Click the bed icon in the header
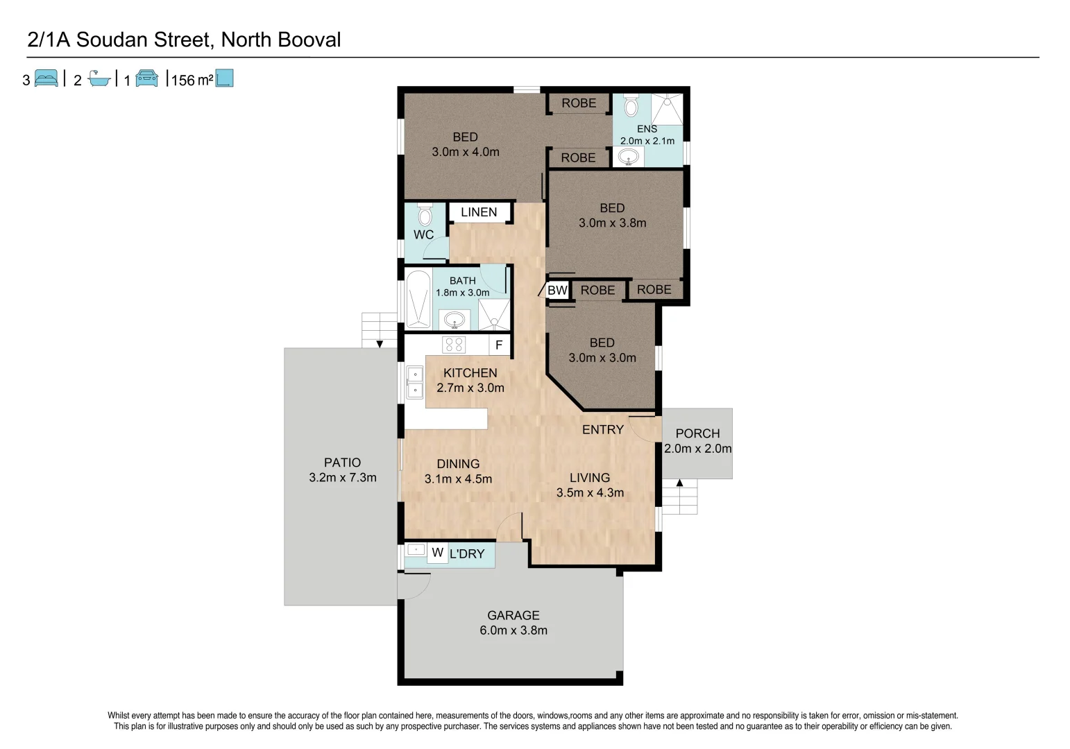(x=46, y=78)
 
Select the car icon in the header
(x=147, y=78)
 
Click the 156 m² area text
(x=192, y=80)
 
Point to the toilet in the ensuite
(x=631, y=106)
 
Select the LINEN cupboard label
(x=479, y=212)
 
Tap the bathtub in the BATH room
(x=418, y=299)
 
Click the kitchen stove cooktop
(x=455, y=345)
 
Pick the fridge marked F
(x=499, y=345)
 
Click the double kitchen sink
(x=414, y=382)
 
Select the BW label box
(x=557, y=290)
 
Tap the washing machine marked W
(x=437, y=553)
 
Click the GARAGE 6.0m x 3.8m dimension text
(x=513, y=630)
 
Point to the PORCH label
(x=697, y=433)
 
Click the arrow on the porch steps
(x=680, y=483)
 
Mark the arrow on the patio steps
(x=380, y=344)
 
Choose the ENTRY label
(x=602, y=430)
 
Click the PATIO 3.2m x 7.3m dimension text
(x=343, y=478)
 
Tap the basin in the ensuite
(x=628, y=157)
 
